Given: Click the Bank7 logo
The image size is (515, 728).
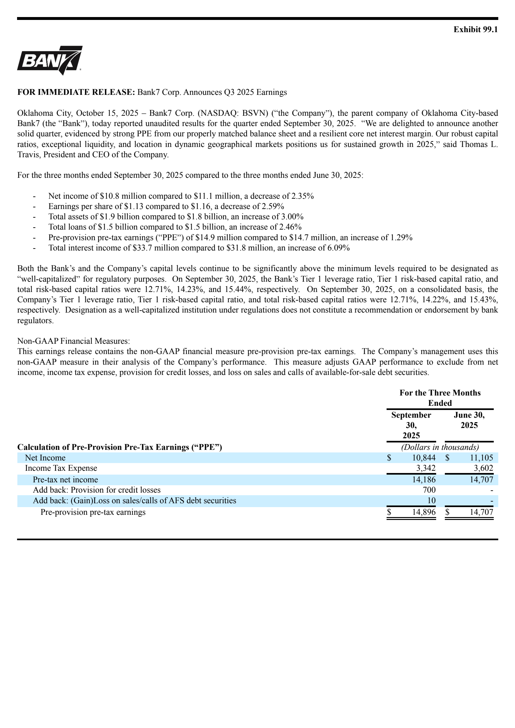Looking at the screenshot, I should pyautogui.click(x=50, y=60).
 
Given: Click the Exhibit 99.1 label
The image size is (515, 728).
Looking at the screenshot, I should pyautogui.click(x=475, y=30).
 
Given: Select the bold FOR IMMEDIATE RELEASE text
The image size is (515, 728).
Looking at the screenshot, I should pyautogui.click(x=76, y=92).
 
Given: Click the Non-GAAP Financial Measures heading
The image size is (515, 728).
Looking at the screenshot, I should pyautogui.click(x=73, y=341).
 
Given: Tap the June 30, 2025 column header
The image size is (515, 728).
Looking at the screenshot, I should pyautogui.click(x=469, y=420).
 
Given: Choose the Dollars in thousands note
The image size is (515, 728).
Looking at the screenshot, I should pyautogui.click(x=440, y=447).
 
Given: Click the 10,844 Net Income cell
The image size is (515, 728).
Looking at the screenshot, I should pyautogui.click(x=424, y=458).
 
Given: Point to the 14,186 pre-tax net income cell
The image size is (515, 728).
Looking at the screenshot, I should pyautogui.click(x=424, y=480).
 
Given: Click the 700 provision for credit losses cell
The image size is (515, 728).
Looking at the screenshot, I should pyautogui.click(x=429, y=490).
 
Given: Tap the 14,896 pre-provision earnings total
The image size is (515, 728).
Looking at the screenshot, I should pyautogui.click(x=424, y=512).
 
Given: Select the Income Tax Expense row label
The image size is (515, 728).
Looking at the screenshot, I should pyautogui.click(x=61, y=468).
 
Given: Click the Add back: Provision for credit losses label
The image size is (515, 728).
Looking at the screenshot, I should pyautogui.click(x=97, y=490).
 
